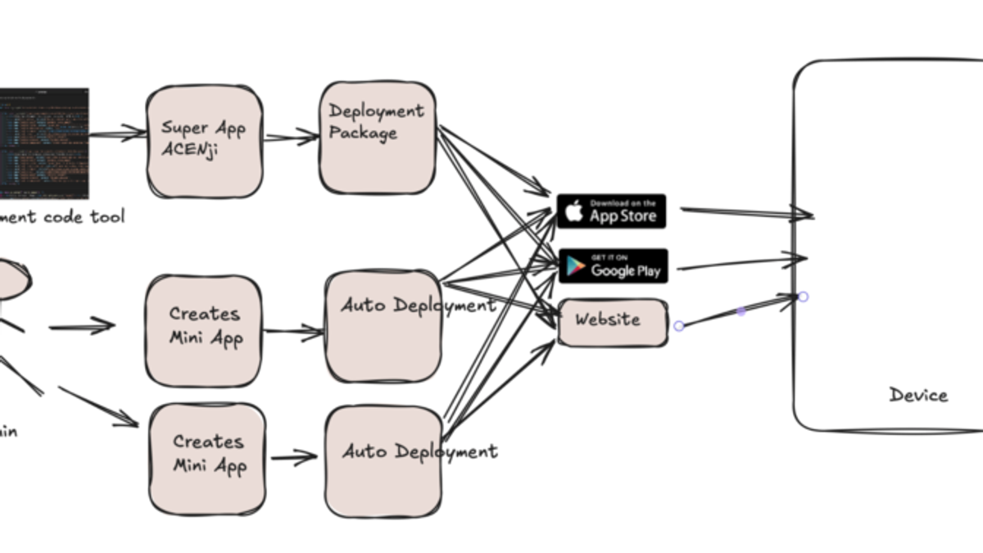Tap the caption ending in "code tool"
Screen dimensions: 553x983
coord(61,217)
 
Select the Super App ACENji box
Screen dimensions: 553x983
coord(205,141)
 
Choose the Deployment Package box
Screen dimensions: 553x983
coord(377,138)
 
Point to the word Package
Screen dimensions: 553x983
coord(363,133)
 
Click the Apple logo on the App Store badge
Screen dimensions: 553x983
coord(574,212)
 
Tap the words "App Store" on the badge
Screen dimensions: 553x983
coord(623,216)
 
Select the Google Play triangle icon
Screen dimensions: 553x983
coord(575,266)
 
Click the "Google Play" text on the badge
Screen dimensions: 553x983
coord(625,270)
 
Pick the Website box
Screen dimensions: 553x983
coord(611,322)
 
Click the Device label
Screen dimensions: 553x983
coord(918,395)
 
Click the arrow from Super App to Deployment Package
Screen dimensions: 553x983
coord(291,138)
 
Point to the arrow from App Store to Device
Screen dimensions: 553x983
coord(745,213)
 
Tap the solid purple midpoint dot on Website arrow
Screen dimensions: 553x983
coord(741,311)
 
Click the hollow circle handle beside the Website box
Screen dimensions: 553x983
coord(678,326)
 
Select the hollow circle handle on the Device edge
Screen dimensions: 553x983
coord(803,297)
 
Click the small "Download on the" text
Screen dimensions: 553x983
coord(623,203)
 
